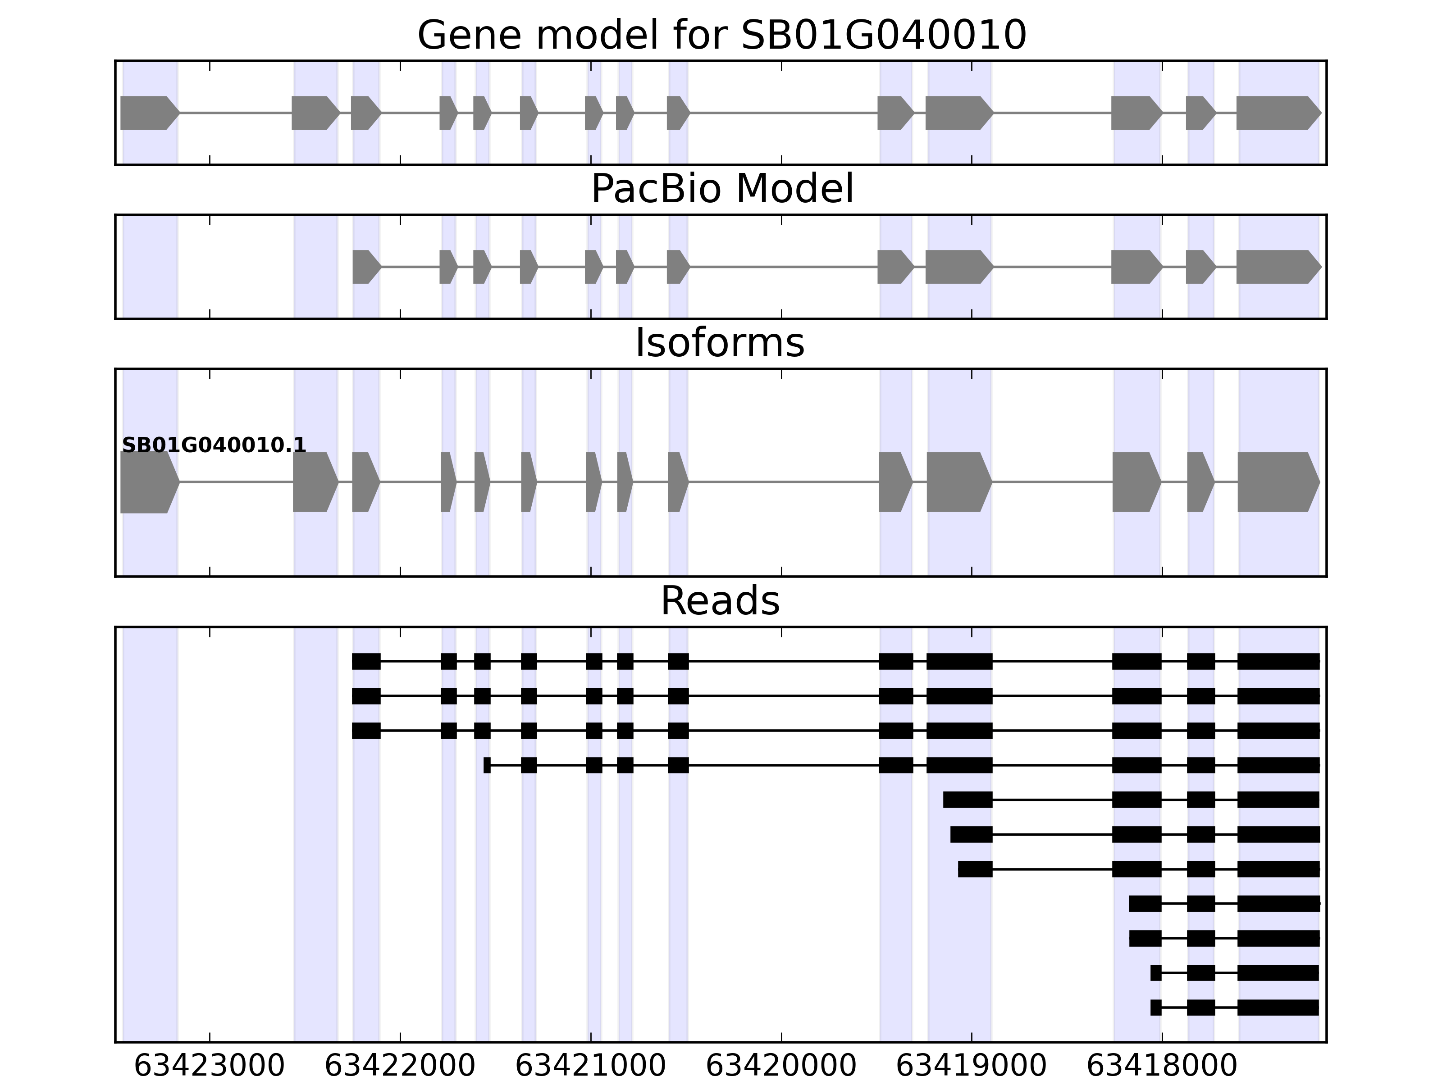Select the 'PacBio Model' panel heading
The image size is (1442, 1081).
pos(721,189)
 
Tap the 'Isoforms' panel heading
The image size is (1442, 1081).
pos(720,343)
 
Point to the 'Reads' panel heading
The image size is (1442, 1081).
pos(720,601)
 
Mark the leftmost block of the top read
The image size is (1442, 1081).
pos(366,661)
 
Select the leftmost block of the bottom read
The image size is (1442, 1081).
pos(1156,1008)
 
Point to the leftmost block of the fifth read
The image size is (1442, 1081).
pos(967,799)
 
